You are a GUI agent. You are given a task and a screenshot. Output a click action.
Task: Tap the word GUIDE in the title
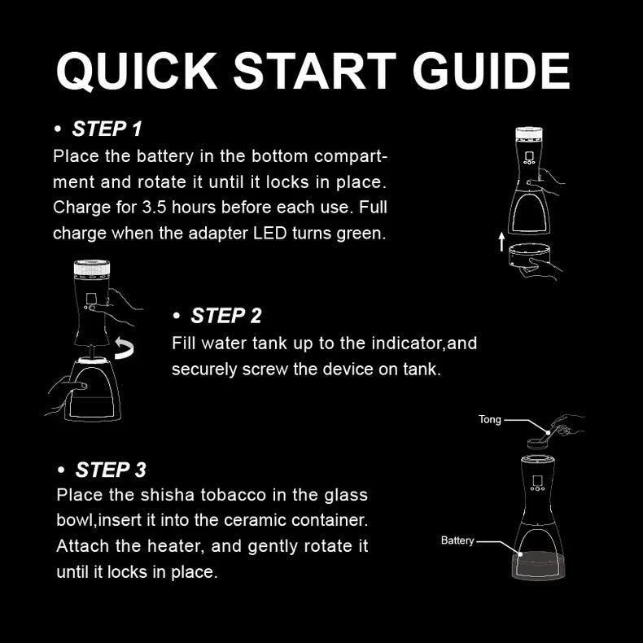pyautogui.click(x=491, y=72)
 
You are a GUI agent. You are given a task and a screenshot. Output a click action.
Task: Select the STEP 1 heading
pyautogui.click(x=107, y=129)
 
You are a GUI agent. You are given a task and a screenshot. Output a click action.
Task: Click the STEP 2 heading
pyautogui.click(x=225, y=316)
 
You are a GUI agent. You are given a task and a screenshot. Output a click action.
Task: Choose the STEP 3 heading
pyautogui.click(x=111, y=470)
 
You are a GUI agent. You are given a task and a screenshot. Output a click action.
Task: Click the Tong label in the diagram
pyautogui.click(x=489, y=420)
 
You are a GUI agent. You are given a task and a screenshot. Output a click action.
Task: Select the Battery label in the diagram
pyautogui.click(x=457, y=540)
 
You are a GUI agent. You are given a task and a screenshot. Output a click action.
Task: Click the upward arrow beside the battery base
pyautogui.click(x=502, y=241)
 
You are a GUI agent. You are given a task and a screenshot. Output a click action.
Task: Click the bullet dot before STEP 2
pyautogui.click(x=177, y=317)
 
